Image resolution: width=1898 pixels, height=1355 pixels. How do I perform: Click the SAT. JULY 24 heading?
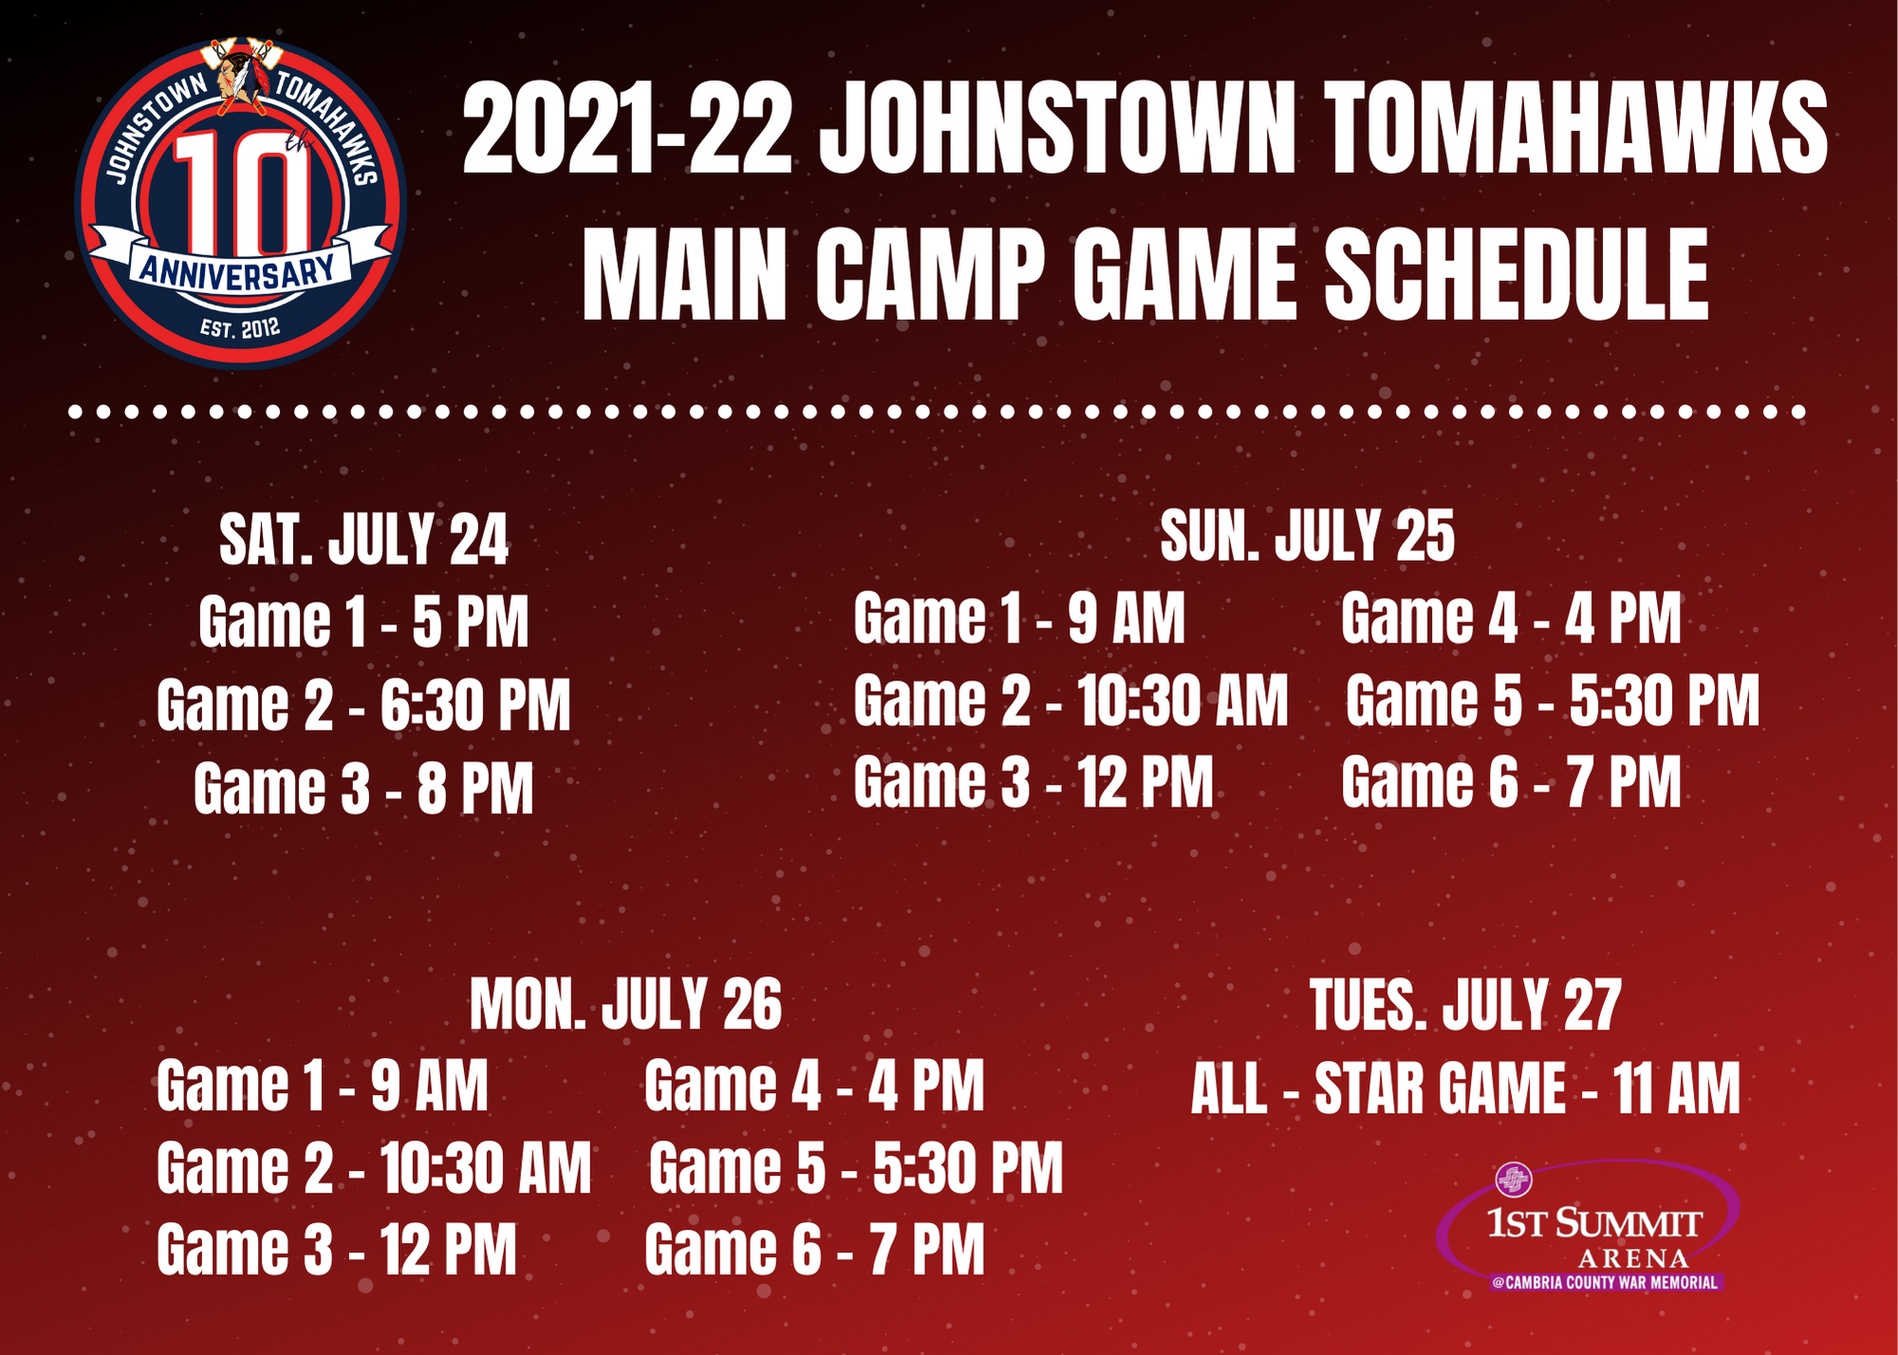(x=363, y=540)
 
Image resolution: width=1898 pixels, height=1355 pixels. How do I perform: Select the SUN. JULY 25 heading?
(x=1307, y=535)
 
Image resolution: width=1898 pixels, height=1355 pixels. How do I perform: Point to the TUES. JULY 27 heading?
(x=1465, y=1005)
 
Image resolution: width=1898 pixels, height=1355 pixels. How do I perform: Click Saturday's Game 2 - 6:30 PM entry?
(x=363, y=704)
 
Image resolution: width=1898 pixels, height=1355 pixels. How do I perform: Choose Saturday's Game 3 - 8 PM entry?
(x=363, y=789)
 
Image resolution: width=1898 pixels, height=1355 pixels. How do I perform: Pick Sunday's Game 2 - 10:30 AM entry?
(x=1070, y=700)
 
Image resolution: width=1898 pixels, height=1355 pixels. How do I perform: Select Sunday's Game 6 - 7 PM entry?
(x=1511, y=782)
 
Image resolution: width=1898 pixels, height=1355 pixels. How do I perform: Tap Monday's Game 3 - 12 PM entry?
(x=337, y=1249)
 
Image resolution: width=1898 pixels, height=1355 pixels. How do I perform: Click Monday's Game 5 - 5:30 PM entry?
(x=856, y=1167)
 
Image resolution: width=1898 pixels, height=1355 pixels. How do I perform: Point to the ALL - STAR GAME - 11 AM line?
(x=1465, y=1087)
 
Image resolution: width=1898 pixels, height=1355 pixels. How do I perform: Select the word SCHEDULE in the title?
(x=1516, y=274)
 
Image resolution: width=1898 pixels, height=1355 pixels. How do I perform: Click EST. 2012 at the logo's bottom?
(x=240, y=329)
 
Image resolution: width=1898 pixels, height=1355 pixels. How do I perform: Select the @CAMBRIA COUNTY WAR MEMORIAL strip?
(x=1605, y=1283)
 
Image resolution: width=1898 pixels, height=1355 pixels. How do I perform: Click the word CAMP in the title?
(x=929, y=274)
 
